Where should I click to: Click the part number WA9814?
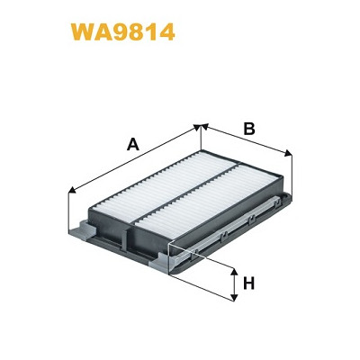pos(122,32)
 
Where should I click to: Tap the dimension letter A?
pos(133,144)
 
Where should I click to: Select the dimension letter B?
pos(249,129)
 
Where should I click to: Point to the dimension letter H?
pos(248,283)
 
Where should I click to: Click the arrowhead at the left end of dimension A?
pos(72,190)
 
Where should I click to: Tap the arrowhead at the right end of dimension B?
pos(288,153)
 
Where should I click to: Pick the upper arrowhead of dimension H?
pos(234,272)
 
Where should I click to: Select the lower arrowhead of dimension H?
pos(234,297)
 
